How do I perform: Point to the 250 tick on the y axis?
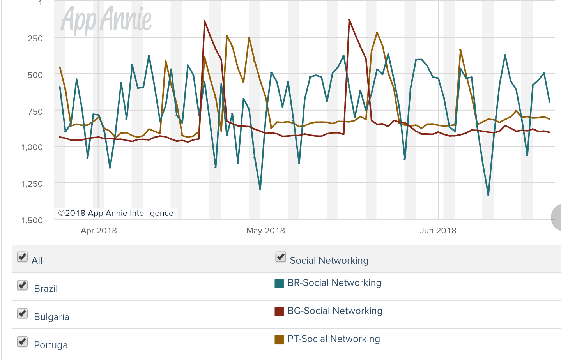click(35, 39)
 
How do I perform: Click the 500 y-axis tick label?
click(35, 75)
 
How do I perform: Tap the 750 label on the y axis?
click(35, 112)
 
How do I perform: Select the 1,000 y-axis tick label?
click(32, 147)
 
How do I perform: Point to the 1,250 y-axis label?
click(32, 184)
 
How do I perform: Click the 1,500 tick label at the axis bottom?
click(32, 221)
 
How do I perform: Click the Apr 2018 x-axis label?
click(99, 231)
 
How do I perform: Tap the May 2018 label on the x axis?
click(265, 231)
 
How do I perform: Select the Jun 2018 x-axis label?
click(438, 231)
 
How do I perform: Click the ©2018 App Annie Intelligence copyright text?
click(116, 213)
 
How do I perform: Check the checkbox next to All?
click(22, 257)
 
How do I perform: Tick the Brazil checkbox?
click(22, 285)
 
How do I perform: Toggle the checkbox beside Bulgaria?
click(22, 313)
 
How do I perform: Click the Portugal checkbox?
click(22, 342)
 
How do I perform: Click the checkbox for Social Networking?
click(281, 257)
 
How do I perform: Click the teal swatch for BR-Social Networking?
click(279, 283)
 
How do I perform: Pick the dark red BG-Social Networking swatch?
click(279, 311)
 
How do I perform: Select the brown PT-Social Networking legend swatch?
click(279, 340)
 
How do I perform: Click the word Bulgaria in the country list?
click(51, 317)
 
